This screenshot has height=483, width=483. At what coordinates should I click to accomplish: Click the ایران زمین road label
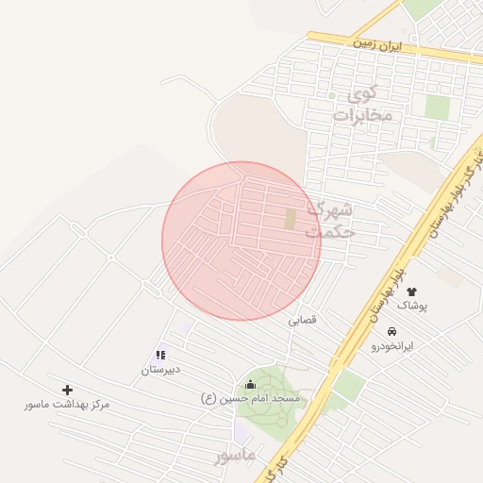(377, 44)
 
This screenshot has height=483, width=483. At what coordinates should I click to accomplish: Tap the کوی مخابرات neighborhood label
(354, 105)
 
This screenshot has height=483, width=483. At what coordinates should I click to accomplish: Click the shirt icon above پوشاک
(411, 291)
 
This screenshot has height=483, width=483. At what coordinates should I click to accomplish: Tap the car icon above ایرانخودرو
(391, 331)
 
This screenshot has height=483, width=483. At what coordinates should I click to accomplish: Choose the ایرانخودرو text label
(391, 346)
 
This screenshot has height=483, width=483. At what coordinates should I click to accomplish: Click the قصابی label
(303, 320)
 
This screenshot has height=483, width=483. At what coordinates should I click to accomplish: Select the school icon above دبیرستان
(160, 356)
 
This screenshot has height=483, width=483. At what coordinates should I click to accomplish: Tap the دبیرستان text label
(160, 370)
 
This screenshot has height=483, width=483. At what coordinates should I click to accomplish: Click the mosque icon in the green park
(250, 383)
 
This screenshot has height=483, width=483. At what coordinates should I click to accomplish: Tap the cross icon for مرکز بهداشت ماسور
(67, 389)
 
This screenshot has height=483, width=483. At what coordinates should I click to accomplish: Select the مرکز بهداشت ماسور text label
(67, 404)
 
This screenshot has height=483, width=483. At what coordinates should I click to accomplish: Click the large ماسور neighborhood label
(235, 456)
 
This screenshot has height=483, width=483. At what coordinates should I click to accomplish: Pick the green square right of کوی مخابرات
(436, 106)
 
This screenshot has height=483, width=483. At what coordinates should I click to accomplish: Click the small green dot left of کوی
(331, 95)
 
